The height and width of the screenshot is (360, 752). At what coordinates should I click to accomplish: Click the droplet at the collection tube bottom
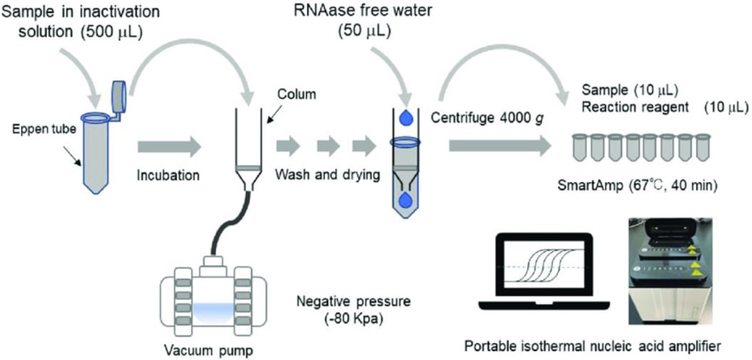[404, 200]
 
